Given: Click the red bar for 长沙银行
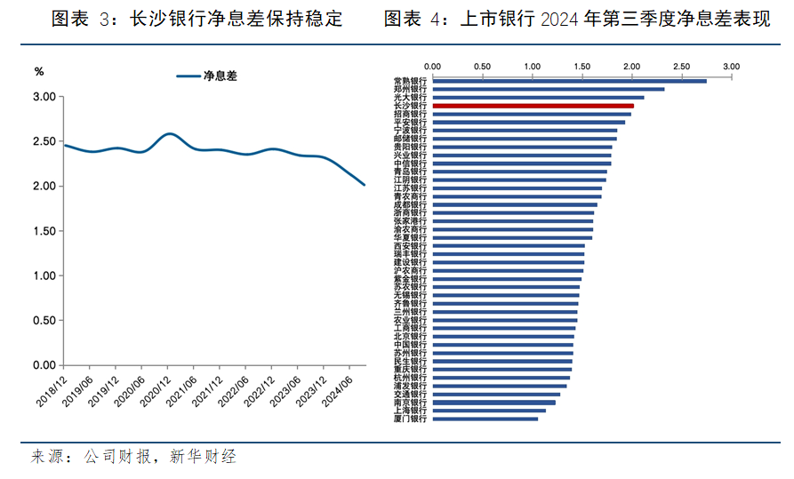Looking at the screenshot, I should pyautogui.click(x=533, y=106).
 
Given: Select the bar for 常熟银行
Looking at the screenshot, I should pyautogui.click(x=569, y=81).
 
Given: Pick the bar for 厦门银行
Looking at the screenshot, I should pyautogui.click(x=485, y=419).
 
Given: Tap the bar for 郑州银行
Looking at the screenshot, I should pyautogui.click(x=548, y=89).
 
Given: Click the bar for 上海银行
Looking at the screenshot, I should pyautogui.click(x=489, y=411).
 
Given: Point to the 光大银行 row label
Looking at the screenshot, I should pyautogui.click(x=410, y=98).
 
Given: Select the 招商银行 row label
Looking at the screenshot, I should pyautogui.click(x=410, y=114).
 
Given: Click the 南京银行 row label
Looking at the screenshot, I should pyautogui.click(x=410, y=403).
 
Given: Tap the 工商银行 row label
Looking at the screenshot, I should pyautogui.click(x=410, y=328).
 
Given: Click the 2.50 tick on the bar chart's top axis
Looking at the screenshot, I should pyautogui.click(x=681, y=67).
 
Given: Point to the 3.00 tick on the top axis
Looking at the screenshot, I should pyautogui.click(x=731, y=67).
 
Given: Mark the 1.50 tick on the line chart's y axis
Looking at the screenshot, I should pyautogui.click(x=44, y=231).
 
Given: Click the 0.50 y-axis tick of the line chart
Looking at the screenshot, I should pyautogui.click(x=44, y=321).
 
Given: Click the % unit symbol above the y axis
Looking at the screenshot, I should pyautogui.click(x=38, y=71).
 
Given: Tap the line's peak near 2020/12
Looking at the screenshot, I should pyautogui.click(x=170, y=134).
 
